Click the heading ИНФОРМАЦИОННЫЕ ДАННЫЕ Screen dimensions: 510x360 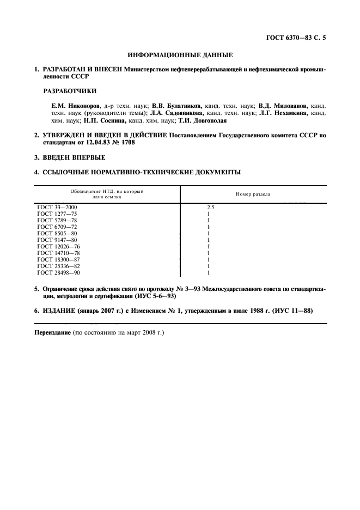[180, 55]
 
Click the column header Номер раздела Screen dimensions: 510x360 [253, 194]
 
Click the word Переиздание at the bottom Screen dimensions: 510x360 [53, 332]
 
